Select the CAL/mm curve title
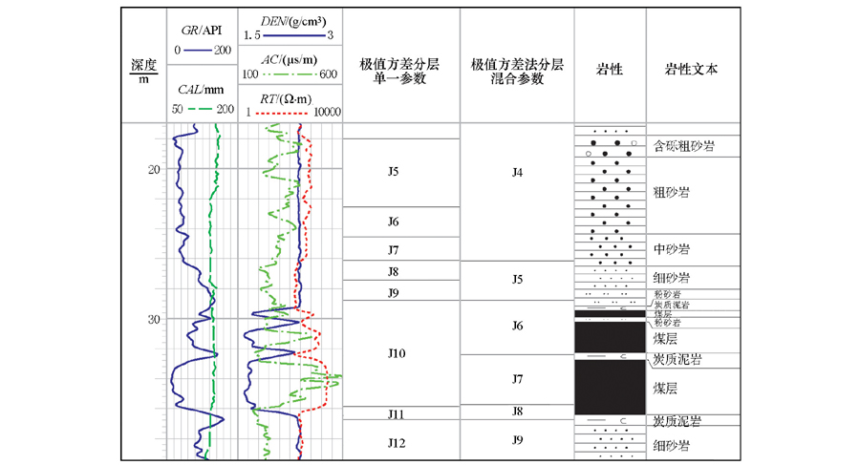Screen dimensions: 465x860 point(201,91)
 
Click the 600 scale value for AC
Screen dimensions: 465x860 point(328,74)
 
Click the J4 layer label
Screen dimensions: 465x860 point(518,173)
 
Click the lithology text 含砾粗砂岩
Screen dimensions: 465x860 point(685,146)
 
